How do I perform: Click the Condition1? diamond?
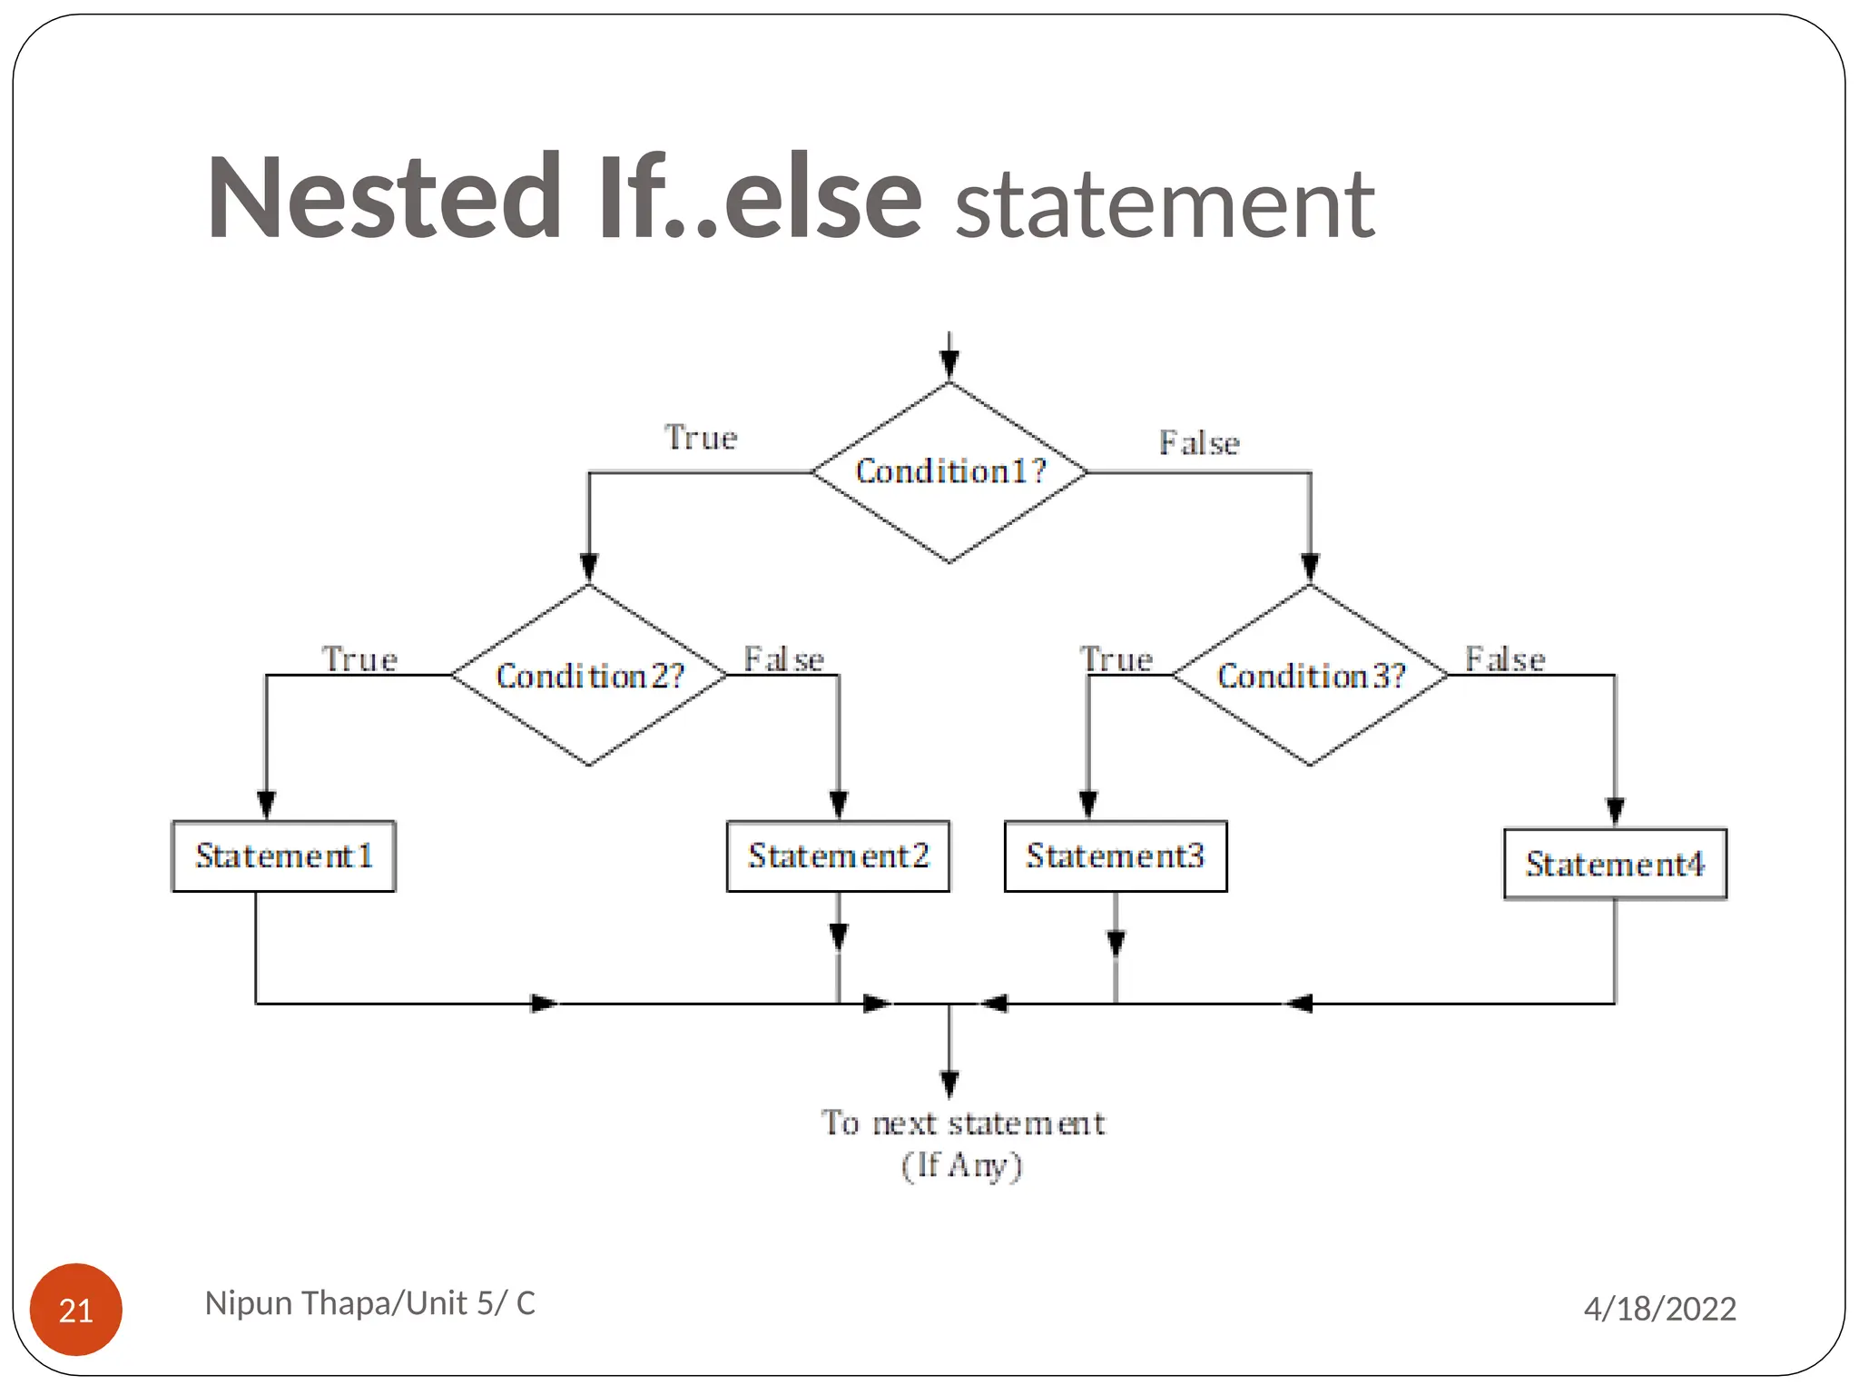click(949, 472)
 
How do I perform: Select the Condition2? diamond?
click(589, 676)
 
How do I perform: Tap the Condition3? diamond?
click(1310, 676)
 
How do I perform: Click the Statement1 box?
click(283, 856)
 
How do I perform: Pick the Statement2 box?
click(838, 856)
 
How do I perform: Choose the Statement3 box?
click(1116, 856)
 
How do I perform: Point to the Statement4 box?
click(1615, 864)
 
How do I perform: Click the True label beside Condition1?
click(701, 438)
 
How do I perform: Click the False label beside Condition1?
click(1199, 443)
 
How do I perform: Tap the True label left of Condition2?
click(359, 659)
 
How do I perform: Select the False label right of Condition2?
click(783, 659)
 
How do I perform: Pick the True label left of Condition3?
click(1116, 659)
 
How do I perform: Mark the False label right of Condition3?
click(1505, 659)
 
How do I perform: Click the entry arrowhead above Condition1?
click(949, 363)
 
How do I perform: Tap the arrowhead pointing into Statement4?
click(1615, 811)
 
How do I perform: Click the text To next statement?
click(963, 1123)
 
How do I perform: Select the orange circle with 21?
click(76, 1310)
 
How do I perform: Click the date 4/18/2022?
click(1659, 1309)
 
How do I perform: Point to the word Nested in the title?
click(384, 198)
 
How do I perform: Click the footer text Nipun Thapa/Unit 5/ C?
click(369, 1303)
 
